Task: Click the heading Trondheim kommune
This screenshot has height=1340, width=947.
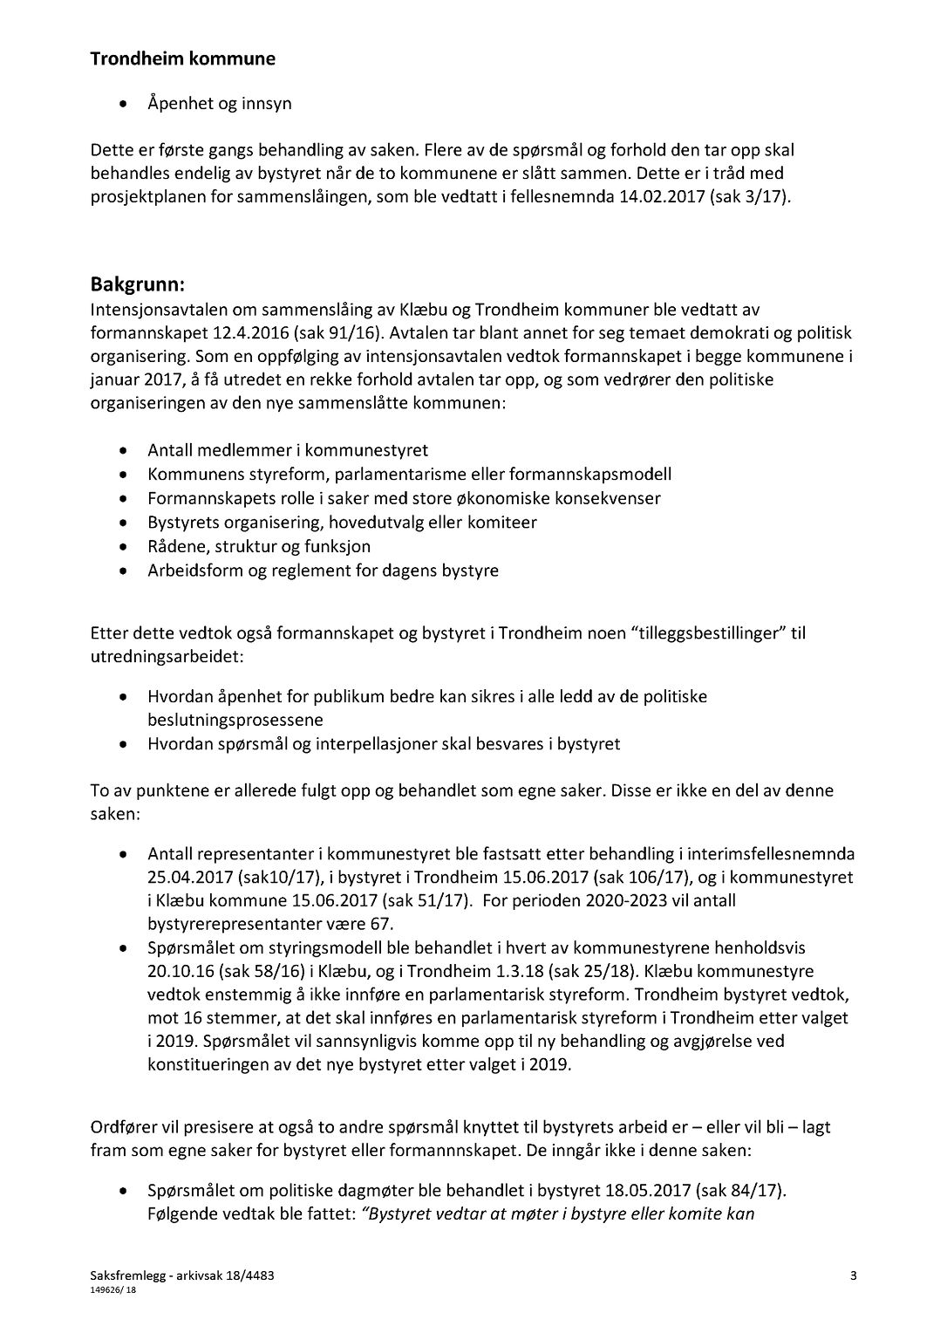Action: click(182, 59)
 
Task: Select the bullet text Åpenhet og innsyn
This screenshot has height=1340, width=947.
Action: click(219, 103)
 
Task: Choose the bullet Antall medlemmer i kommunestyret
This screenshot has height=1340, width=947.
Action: click(288, 450)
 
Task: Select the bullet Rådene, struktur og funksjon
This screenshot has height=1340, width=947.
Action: click(259, 546)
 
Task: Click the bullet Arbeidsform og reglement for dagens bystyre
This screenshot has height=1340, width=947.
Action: click(323, 571)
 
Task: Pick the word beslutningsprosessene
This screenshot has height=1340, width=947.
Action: click(235, 721)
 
